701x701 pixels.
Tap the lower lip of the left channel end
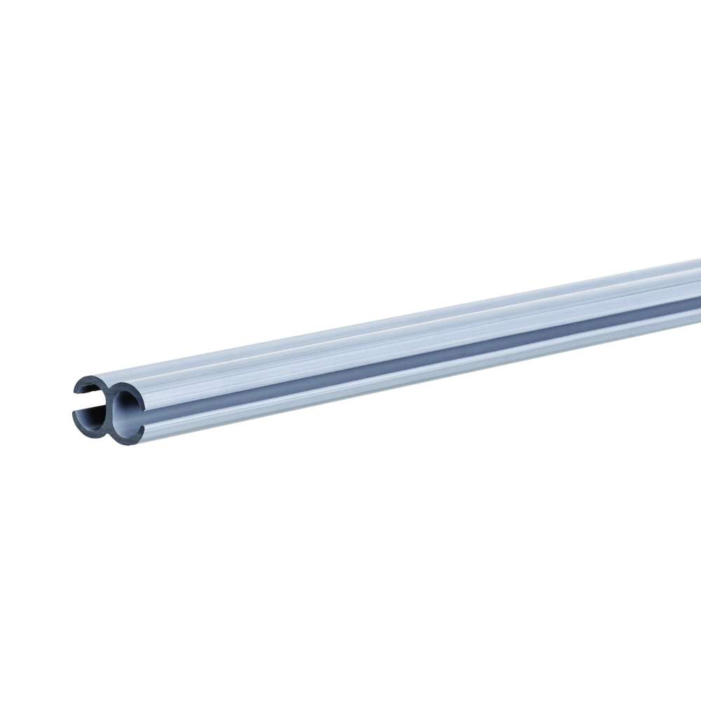(x=75, y=414)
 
